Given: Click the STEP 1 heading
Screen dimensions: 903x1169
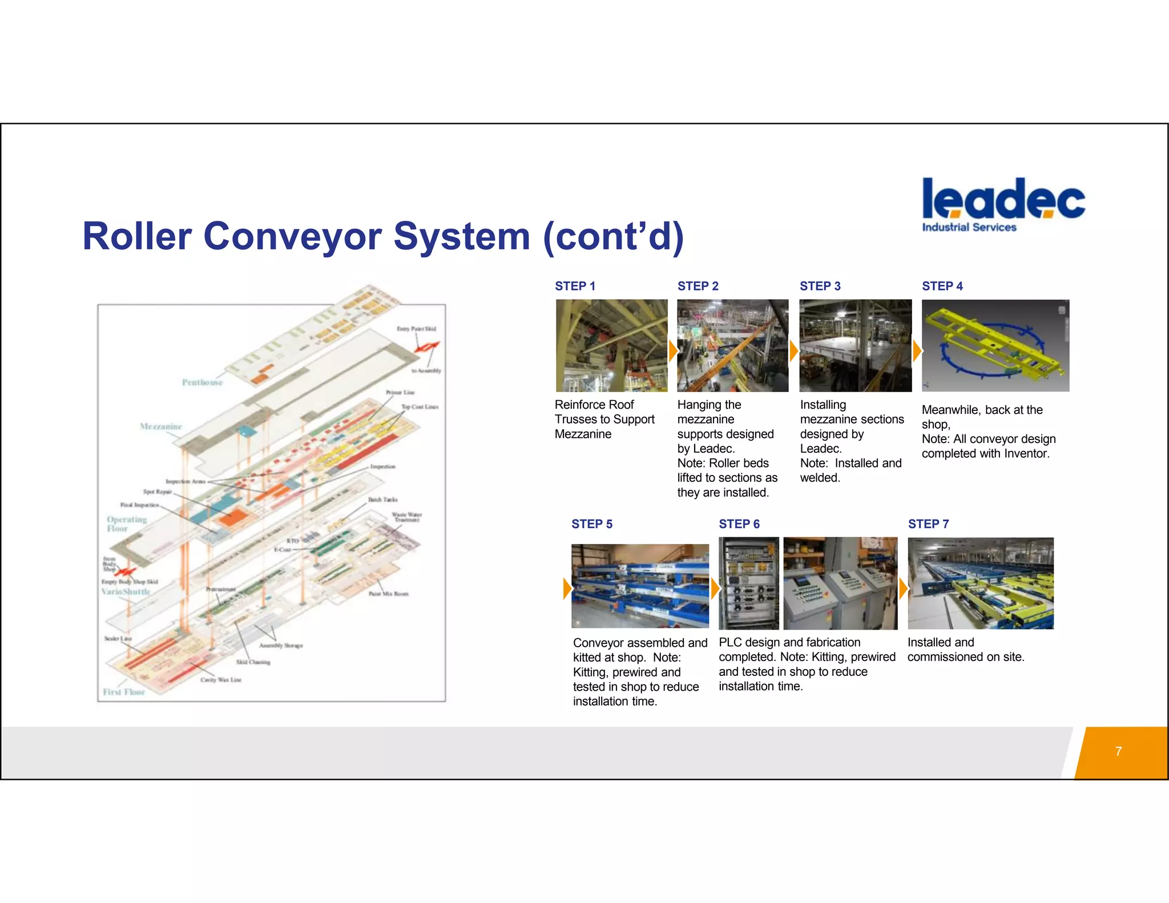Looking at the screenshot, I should [x=575, y=286].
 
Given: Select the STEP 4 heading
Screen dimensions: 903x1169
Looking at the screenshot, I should [x=942, y=286].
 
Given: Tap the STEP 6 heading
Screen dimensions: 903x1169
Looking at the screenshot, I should [x=739, y=524].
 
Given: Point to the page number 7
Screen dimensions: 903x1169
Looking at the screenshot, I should [x=1118, y=751].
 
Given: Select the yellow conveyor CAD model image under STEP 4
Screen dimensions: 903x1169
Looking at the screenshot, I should [x=995, y=345].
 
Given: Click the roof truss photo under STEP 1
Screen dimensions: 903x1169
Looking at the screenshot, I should [x=611, y=345].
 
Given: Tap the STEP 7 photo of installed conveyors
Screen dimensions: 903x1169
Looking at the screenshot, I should [x=980, y=583].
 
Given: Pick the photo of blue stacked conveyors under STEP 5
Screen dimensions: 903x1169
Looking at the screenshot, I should [x=640, y=586].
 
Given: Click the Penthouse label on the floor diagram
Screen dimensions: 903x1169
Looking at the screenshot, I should [x=202, y=382].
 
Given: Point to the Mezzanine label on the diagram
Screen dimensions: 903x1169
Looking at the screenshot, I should [x=160, y=426].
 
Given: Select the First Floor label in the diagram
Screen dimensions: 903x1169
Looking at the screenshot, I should [x=124, y=692].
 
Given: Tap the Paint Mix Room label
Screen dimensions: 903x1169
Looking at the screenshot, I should [x=388, y=594].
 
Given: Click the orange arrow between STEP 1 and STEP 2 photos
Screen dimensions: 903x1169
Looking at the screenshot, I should [x=672, y=350].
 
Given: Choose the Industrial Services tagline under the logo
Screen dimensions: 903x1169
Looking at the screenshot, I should [x=969, y=227].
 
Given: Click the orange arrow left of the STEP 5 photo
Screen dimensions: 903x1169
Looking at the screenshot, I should [x=567, y=588].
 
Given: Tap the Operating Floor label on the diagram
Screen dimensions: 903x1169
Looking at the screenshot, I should [x=126, y=523].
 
